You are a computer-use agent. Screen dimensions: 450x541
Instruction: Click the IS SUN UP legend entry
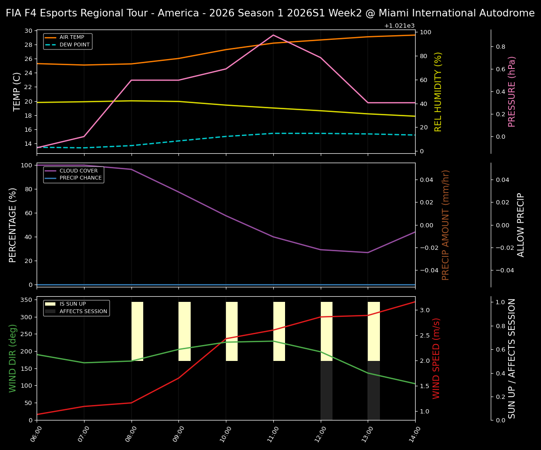point(73,304)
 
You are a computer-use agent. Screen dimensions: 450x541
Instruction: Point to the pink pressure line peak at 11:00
point(273,35)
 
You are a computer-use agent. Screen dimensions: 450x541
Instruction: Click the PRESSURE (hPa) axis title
point(512,91)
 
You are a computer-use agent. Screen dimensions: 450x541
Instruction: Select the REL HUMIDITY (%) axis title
point(438,91)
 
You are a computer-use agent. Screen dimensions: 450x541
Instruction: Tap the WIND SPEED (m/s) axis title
point(436,358)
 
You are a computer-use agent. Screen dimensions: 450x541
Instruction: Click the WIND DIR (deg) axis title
point(13,358)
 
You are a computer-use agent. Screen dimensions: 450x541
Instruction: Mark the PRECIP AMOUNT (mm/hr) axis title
point(446,225)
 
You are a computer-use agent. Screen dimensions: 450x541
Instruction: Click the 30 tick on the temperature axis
point(28,31)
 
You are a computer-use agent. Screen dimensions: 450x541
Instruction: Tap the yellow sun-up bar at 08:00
point(137,331)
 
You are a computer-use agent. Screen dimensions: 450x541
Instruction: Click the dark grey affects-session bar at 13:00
point(374,390)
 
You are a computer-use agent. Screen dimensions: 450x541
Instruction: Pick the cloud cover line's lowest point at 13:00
point(368,253)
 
